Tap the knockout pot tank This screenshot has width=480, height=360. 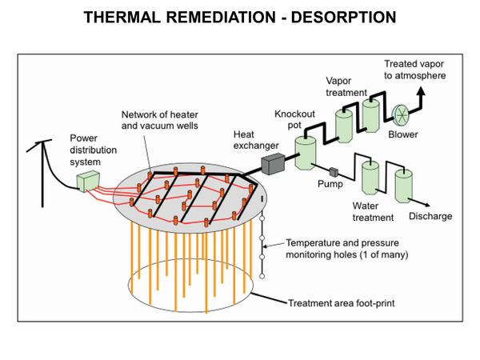tap(306, 152)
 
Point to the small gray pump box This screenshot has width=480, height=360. tap(332, 170)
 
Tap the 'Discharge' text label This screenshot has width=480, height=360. tap(430, 216)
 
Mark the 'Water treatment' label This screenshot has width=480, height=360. tap(373, 211)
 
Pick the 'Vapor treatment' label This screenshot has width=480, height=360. tap(347, 86)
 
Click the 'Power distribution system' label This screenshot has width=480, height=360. tap(94, 150)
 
